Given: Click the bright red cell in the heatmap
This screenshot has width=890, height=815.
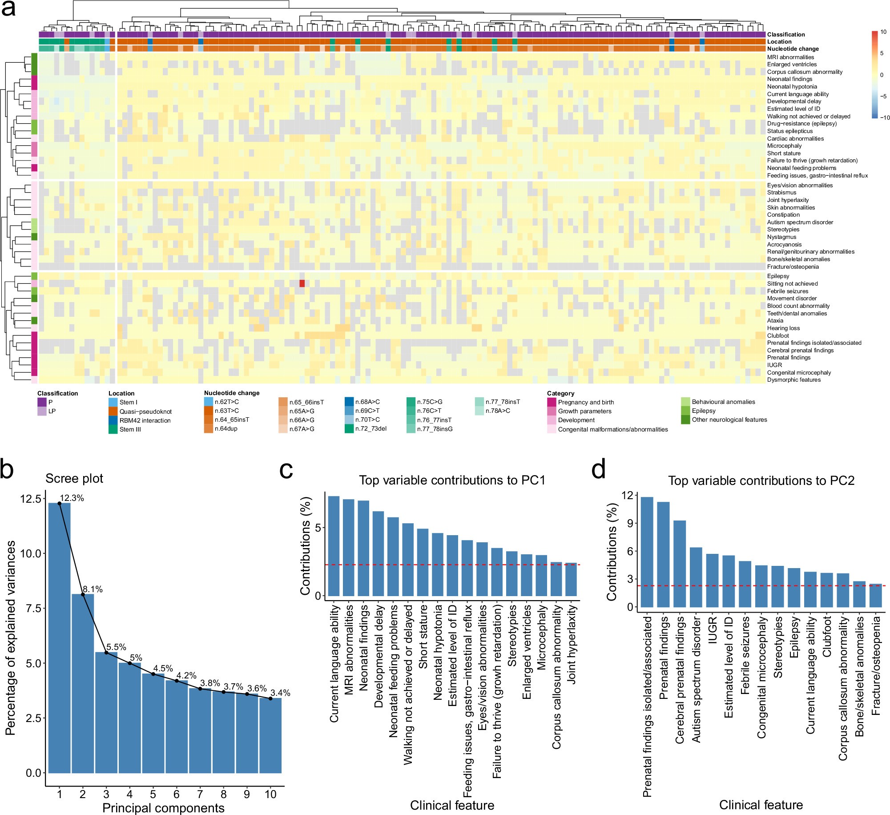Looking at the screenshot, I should tap(302, 283).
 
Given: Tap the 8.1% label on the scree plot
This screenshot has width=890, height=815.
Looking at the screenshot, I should tap(93, 589).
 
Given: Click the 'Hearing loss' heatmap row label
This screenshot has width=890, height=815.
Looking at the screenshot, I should tap(783, 328).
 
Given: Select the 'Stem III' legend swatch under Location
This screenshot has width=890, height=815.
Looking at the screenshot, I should tap(113, 429).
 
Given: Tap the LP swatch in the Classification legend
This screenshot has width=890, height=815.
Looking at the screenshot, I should tap(42, 411).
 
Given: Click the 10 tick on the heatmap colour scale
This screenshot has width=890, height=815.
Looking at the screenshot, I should tap(883, 32).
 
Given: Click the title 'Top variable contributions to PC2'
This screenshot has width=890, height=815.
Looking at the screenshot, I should tap(761, 480).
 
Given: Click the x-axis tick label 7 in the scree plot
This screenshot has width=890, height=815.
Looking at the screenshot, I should tap(200, 794).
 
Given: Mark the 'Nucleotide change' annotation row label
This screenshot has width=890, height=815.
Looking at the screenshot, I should tap(793, 49).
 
